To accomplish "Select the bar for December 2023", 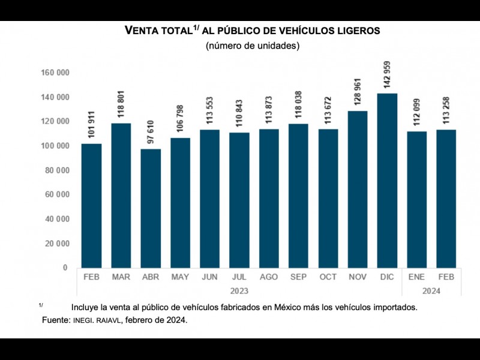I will point(387,180).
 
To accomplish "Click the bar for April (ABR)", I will point(151,208).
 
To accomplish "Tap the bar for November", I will point(358,189).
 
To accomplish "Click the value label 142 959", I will point(387,75).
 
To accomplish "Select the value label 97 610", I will point(151,130).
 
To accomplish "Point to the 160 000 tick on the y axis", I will point(55,73).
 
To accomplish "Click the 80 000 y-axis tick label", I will point(56,170).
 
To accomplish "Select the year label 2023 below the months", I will point(239,291).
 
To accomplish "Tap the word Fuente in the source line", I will point(56,320).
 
